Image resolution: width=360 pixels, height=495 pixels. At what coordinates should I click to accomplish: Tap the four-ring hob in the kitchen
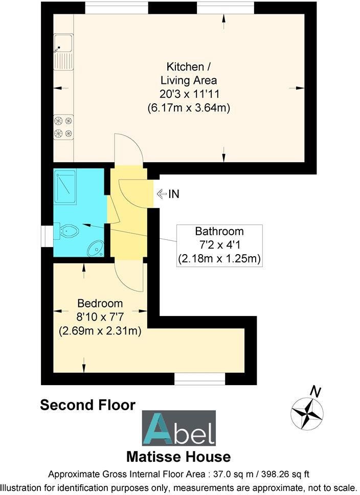click(63, 127)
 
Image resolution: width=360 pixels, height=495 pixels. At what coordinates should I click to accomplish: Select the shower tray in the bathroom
click(65, 187)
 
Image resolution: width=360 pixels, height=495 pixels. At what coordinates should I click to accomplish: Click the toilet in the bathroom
click(68, 232)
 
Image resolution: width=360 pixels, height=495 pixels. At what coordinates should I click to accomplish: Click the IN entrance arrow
click(168, 194)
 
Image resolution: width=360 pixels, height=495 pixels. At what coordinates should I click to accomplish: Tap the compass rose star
click(306, 413)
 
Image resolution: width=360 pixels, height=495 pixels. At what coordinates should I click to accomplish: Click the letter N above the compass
click(316, 392)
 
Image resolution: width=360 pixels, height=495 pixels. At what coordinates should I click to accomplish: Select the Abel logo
click(178, 428)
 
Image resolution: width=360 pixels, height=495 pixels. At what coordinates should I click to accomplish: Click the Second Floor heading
click(87, 406)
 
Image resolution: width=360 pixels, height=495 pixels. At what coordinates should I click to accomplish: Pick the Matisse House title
click(178, 456)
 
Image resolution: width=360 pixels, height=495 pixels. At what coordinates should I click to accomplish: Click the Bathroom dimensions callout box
click(219, 245)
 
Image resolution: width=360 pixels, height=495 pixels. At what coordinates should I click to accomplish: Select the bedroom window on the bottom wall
click(200, 379)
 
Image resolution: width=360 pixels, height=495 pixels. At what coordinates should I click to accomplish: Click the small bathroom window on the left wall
click(47, 234)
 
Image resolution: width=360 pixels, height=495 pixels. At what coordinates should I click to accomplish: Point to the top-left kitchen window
click(117, 8)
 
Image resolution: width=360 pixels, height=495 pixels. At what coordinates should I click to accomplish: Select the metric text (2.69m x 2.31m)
click(100, 330)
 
